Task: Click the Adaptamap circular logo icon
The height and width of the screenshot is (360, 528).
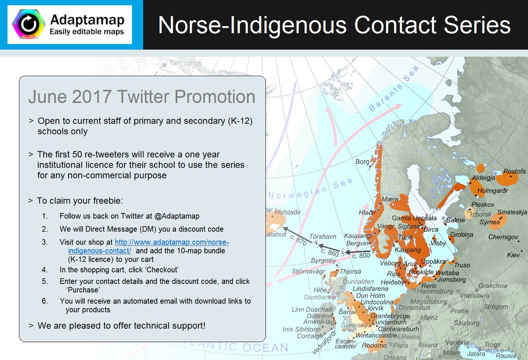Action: [29, 25]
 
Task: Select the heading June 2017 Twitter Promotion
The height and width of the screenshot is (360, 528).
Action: [141, 97]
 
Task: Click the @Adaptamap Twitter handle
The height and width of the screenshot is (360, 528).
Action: [177, 216]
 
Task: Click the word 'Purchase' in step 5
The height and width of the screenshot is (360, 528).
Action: [83, 290]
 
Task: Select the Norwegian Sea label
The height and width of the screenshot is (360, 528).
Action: [311, 189]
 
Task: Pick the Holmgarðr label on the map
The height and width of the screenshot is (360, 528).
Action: [493, 191]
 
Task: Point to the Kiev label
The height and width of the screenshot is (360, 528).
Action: [513, 255]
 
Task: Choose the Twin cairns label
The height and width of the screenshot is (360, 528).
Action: [185, 63]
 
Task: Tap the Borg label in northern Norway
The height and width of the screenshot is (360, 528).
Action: [362, 162]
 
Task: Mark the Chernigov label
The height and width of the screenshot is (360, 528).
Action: [503, 237]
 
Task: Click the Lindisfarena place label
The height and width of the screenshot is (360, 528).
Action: [364, 289]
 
